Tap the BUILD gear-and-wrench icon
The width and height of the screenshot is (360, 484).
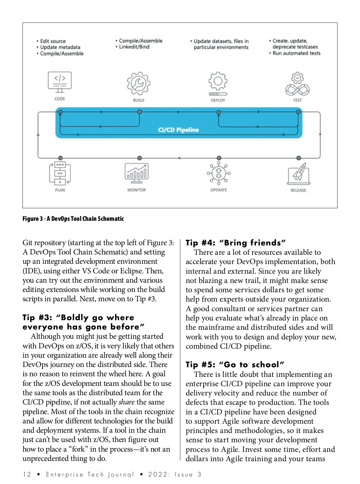click(x=139, y=83)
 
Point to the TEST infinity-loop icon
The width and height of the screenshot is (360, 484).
click(x=297, y=84)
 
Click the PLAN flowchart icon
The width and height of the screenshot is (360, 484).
click(x=60, y=173)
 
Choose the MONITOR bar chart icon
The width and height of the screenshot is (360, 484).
click(x=136, y=173)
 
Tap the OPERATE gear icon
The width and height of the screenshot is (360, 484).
click(x=219, y=173)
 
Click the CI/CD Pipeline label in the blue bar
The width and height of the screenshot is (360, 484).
click(x=178, y=130)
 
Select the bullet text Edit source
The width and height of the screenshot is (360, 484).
click(x=53, y=41)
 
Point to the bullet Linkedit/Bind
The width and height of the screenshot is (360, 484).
click(x=134, y=47)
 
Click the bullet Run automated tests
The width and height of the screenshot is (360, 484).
click(x=296, y=53)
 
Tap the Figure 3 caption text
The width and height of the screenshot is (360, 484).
click(x=73, y=219)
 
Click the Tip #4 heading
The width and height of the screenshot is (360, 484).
click(x=235, y=242)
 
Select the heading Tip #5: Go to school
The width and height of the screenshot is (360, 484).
click(x=235, y=365)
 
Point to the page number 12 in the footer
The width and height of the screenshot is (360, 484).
click(x=27, y=474)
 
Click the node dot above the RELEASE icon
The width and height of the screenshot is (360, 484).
click(x=298, y=158)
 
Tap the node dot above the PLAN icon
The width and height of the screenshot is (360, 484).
click(x=60, y=158)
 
